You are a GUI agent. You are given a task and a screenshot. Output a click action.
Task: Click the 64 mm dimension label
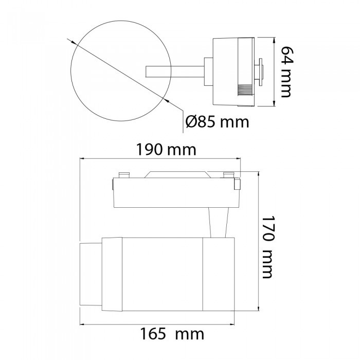pos(286,72)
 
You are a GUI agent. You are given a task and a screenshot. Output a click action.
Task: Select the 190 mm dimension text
pos(166,150)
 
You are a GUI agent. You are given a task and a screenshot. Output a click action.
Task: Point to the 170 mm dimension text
pos(267,247)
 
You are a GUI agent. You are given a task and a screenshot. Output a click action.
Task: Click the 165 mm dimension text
pos(172,334)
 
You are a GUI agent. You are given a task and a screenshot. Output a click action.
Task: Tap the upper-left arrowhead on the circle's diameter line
pos(74,43)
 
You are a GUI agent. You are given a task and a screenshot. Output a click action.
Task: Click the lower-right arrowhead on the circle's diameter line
pos(166,100)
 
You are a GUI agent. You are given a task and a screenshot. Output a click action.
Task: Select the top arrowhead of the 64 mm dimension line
pos(274,41)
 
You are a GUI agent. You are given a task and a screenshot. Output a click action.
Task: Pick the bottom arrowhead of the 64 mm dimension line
pos(274,103)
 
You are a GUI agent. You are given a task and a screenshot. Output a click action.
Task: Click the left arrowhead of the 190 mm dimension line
pos(83,158)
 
